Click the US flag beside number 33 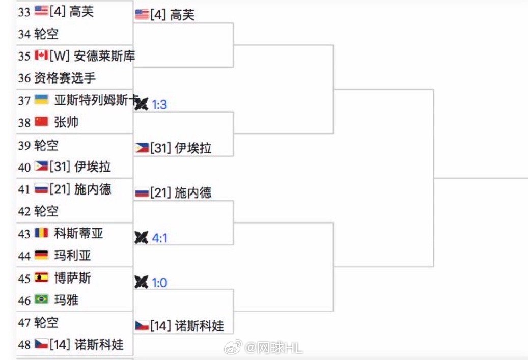pyautogui.click(x=41, y=11)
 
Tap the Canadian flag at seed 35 pyautogui.click(x=41, y=55)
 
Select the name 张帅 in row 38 pyautogui.click(x=66, y=122)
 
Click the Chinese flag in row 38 pyautogui.click(x=41, y=122)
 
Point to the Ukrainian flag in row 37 pyautogui.click(x=41, y=100)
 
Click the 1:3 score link pyautogui.click(x=159, y=105)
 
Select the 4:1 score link pyautogui.click(x=159, y=237)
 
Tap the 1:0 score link pyautogui.click(x=159, y=282)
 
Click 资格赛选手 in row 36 pyautogui.click(x=65, y=78)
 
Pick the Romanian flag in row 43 pyautogui.click(x=41, y=233)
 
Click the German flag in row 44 pyautogui.click(x=41, y=255)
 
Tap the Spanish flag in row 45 pyautogui.click(x=41, y=278)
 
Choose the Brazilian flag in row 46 pyautogui.click(x=41, y=299)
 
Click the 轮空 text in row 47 pyautogui.click(x=46, y=322)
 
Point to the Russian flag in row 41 pyautogui.click(x=41, y=189)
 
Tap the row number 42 pyautogui.click(x=24, y=211)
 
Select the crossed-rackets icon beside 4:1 pyautogui.click(x=141, y=237)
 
